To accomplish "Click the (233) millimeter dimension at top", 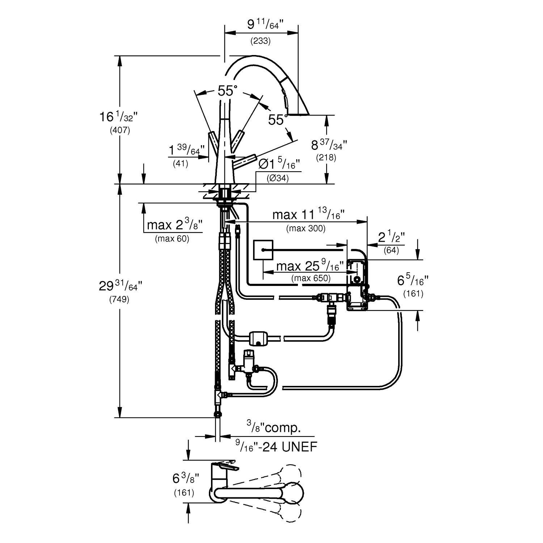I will click(261, 41).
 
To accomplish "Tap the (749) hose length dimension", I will click(119, 300).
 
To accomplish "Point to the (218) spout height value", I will click(326, 158).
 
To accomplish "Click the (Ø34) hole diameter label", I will click(278, 178).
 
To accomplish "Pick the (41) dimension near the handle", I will click(180, 163).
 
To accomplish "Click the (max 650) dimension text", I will click(311, 278).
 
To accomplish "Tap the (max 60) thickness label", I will click(172, 239).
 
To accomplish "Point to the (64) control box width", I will click(391, 250).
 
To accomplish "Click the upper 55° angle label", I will click(227, 90).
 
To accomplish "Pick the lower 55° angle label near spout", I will click(278, 119).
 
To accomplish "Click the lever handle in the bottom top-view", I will click(226, 467).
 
